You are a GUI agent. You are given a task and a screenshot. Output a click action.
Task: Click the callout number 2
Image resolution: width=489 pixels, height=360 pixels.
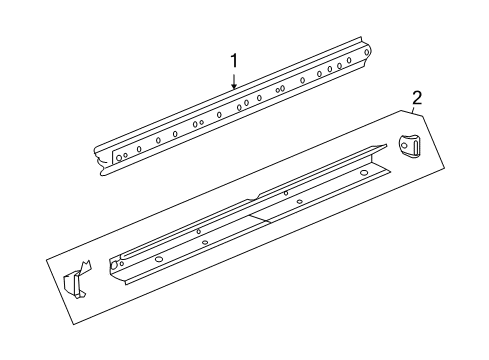click(416, 97)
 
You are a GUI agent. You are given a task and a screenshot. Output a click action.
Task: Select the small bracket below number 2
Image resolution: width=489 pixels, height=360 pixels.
click(410, 146)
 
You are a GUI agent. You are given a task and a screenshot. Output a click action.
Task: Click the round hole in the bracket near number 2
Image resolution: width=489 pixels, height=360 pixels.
click(409, 144)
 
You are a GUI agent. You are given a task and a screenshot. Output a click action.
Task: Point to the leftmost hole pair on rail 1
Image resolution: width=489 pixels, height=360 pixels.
click(121, 156)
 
